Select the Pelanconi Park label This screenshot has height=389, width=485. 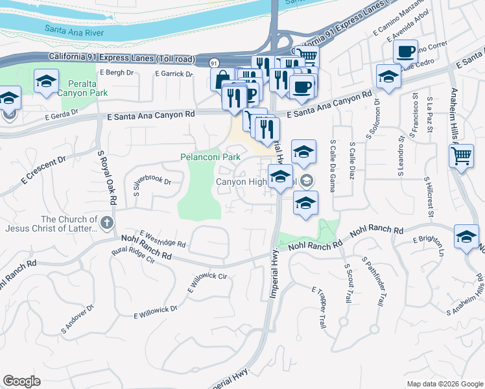(210, 157)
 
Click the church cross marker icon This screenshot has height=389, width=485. (107, 223)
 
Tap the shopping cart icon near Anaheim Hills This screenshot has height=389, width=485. (460, 155)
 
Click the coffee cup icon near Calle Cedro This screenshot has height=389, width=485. (406, 52)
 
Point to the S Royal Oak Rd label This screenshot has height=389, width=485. (106, 178)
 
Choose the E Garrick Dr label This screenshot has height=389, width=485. (174, 74)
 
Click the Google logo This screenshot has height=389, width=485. (21, 381)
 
